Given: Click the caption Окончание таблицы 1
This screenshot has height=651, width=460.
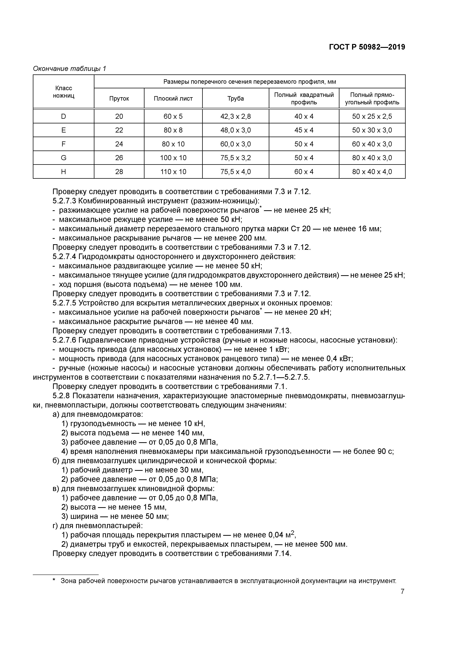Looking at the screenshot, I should point(69,69).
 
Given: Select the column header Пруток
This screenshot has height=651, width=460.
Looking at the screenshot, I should point(119,99).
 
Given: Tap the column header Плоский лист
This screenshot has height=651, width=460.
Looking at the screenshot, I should point(173,99).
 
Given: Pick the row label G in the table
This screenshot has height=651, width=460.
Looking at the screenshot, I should point(63,158).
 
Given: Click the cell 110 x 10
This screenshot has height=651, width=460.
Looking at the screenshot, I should point(173,171).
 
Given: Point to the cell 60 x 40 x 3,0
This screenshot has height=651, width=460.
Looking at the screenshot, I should point(372,144).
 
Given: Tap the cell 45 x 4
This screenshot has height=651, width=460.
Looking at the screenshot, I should point(304,130).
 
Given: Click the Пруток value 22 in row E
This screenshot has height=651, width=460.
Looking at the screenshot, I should point(119,130).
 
